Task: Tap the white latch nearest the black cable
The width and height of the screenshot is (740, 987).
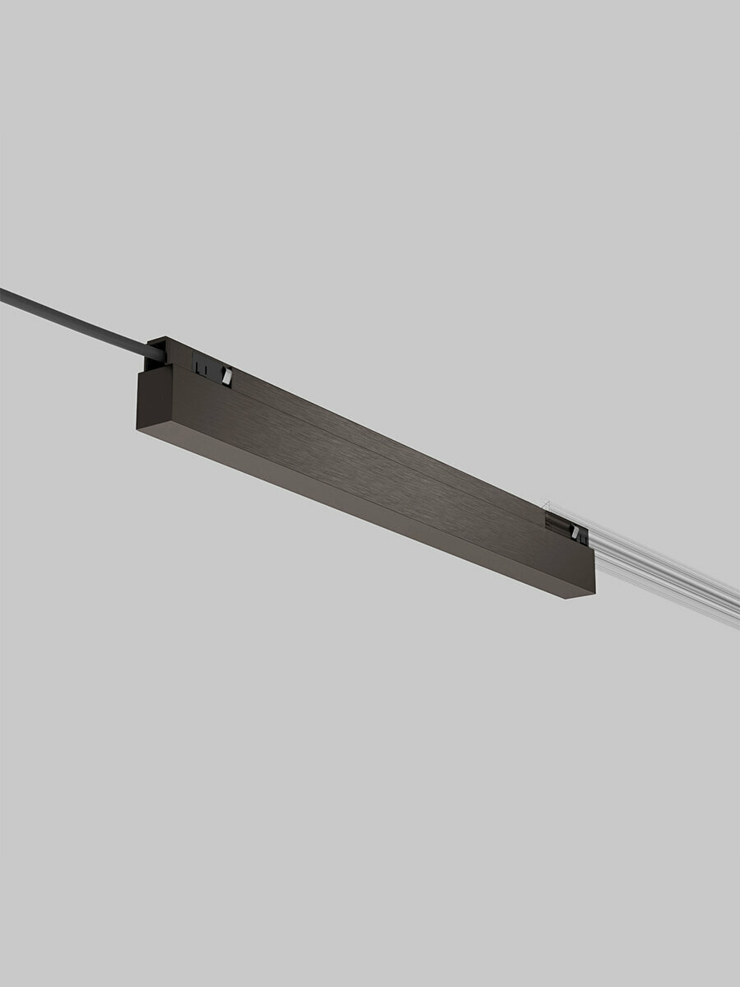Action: click(228, 376)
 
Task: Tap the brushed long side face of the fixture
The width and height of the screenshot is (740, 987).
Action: click(370, 461)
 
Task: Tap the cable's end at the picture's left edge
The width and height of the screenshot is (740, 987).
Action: click(3, 293)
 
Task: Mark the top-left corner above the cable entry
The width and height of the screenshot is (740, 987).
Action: click(150, 340)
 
